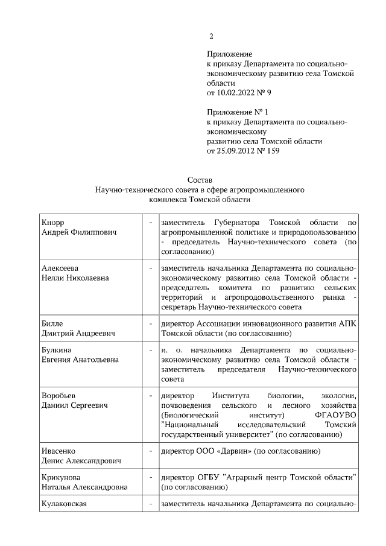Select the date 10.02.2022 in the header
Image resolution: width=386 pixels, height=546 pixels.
tap(237, 94)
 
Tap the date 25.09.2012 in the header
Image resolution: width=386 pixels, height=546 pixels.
tap(237, 151)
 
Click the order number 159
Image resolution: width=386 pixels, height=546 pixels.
tap(273, 151)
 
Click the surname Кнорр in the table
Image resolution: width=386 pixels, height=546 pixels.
tap(52, 222)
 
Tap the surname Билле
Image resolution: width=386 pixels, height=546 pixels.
tap(52, 323)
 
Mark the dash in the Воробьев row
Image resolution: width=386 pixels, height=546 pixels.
tap(150, 396)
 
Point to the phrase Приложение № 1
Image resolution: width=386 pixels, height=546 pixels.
tap(237, 113)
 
